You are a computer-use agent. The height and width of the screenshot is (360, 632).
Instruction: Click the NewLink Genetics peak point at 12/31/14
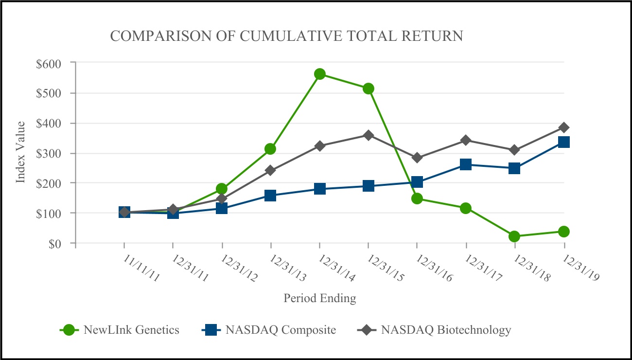point(319,74)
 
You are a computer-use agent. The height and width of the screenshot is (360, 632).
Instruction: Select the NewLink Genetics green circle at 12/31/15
point(368,89)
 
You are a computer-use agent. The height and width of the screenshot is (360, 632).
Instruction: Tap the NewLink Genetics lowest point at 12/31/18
point(514,236)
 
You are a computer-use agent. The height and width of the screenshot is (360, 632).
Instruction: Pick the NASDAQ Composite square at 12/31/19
point(563,142)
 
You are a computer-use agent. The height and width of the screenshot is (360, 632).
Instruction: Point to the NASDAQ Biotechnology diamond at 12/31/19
point(563,127)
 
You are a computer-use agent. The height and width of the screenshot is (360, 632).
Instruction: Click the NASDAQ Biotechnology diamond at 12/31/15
point(368,135)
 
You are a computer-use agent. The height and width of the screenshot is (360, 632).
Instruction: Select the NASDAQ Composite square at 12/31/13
point(270,196)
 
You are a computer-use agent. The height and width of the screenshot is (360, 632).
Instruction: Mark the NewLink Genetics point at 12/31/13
point(270,149)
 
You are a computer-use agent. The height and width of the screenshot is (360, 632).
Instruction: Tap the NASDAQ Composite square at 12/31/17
point(466,164)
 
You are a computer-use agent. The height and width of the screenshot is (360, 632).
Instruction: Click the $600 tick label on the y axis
point(48,63)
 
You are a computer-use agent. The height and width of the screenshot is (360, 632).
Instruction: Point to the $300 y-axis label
point(48,153)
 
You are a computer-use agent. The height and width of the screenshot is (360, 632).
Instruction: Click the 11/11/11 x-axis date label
point(140,268)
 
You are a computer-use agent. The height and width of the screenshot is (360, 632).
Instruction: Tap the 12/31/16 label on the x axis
point(434,268)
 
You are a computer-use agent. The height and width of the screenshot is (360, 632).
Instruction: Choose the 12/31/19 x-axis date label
point(580,268)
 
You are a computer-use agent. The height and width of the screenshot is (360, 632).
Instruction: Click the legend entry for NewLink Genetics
point(131,330)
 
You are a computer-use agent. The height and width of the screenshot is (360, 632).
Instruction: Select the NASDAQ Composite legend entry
point(281,330)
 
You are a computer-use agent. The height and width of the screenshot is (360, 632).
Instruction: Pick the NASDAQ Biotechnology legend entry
point(446,330)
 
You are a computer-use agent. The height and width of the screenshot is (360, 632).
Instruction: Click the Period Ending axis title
point(320,298)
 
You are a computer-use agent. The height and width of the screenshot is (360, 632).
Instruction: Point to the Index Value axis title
point(20,153)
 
